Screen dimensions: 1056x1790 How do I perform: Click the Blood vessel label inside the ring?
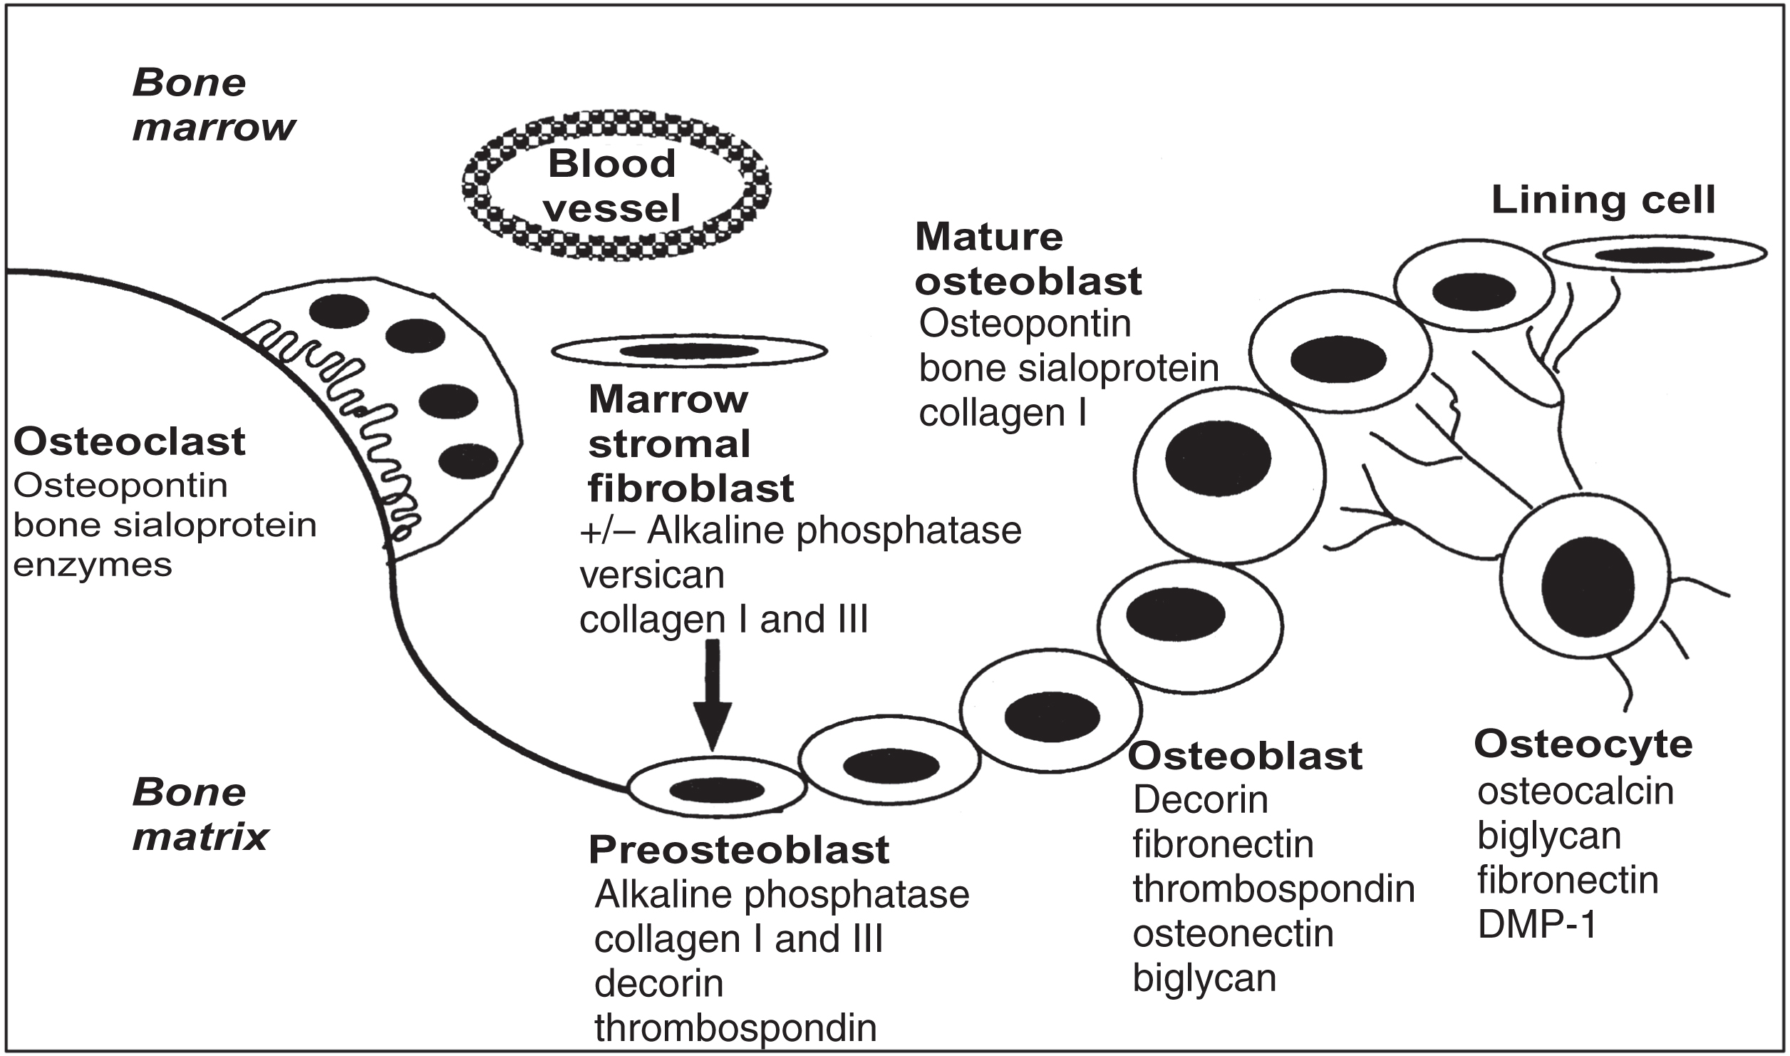tap(613, 186)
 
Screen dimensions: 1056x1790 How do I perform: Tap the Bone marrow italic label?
tap(213, 106)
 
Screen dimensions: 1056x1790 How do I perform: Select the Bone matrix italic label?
tap(200, 815)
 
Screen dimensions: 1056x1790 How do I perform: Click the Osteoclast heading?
tap(130, 441)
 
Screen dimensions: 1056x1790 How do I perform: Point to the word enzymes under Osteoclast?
tap(93, 565)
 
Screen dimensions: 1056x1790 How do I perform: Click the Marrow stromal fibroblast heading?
tap(690, 444)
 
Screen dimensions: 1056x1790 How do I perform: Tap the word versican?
tap(652, 575)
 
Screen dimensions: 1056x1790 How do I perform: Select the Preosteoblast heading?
tap(739, 849)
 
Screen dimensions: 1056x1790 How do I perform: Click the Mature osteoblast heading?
tap(1028, 259)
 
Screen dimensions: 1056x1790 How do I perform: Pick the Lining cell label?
tap(1603, 200)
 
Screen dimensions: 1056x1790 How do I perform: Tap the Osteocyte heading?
tap(1583, 744)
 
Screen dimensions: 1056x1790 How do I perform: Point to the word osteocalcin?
tap(1576, 791)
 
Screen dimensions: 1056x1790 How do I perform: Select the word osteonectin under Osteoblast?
tap(1233, 933)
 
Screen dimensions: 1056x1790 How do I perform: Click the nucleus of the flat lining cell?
tap(1654, 255)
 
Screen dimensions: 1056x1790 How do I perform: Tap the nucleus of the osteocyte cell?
tap(1587, 586)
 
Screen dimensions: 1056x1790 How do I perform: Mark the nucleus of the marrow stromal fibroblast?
tap(689, 351)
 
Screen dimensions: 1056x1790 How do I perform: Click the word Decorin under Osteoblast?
tap(1201, 800)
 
